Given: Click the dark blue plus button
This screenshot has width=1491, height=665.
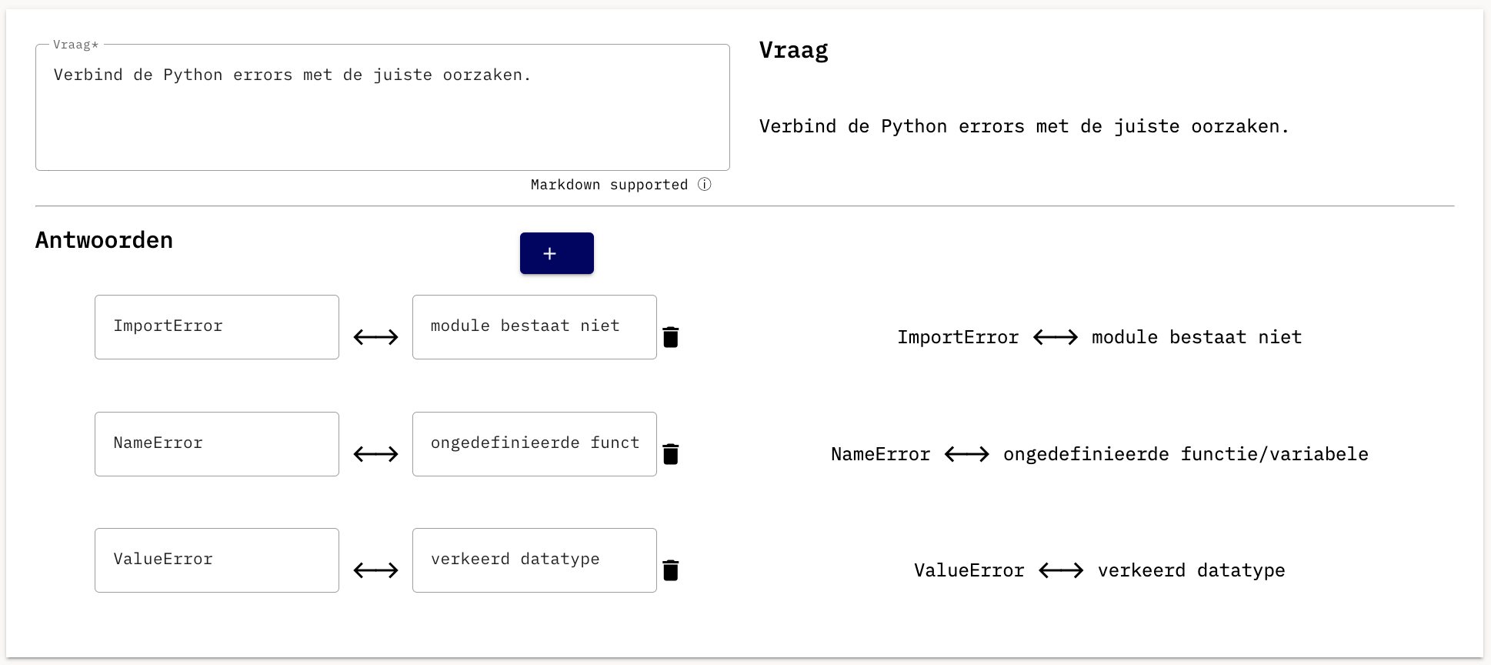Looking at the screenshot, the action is (556, 253).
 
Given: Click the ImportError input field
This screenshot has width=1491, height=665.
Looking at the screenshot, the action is (217, 327).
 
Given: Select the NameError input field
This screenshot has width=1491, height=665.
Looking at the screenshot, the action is (217, 444).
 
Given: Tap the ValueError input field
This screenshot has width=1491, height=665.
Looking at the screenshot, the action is (217, 560).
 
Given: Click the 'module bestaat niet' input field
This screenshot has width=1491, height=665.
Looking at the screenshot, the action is (535, 327).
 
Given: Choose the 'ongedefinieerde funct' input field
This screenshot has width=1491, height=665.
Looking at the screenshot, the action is (535, 444).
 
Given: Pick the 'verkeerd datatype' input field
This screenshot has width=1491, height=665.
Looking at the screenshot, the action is (535, 560).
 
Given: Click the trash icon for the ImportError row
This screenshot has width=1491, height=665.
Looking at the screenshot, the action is (671, 337).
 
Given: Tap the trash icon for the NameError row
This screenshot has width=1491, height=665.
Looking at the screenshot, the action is (671, 454).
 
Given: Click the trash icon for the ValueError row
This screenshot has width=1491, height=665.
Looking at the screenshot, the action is (671, 570).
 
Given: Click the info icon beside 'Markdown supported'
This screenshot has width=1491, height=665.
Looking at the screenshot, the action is (705, 185).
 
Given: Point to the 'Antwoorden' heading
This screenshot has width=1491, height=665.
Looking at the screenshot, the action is (104, 240).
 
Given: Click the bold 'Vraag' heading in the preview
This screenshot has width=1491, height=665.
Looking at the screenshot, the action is (794, 51).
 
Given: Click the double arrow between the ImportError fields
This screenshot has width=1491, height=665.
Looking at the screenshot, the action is (376, 337).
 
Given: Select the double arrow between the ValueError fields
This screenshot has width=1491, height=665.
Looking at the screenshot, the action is (376, 570).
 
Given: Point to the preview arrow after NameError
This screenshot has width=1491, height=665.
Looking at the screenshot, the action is (967, 454).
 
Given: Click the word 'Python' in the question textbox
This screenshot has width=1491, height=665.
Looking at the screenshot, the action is (193, 75).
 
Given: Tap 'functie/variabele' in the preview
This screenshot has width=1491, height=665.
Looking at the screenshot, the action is (1275, 454).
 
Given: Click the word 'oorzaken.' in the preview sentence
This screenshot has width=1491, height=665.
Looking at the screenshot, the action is (1240, 126).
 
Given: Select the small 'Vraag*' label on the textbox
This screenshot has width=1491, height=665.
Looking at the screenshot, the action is (75, 45).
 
